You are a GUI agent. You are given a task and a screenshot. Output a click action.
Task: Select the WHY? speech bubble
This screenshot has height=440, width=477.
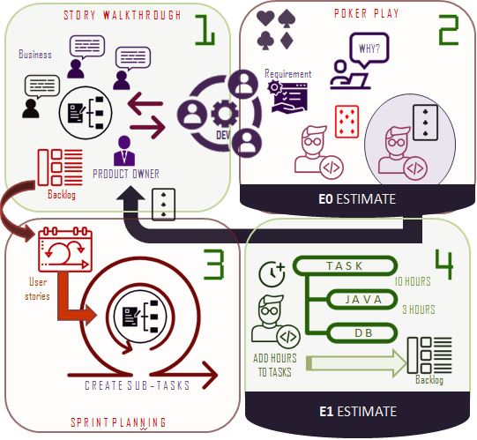coord(369,50)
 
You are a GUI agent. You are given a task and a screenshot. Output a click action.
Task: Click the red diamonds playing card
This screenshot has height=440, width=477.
coord(347,122)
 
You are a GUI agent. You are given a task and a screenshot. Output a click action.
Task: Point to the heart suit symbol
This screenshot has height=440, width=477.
coord(265,19)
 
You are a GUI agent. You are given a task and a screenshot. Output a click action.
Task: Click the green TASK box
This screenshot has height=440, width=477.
coord(345,266)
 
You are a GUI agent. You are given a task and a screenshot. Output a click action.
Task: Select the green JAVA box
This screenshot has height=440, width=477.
coord(362,300)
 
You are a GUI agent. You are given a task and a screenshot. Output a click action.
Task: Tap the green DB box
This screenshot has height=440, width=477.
coord(363,332)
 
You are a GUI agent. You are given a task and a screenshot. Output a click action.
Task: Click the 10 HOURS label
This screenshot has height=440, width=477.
coord(413,281)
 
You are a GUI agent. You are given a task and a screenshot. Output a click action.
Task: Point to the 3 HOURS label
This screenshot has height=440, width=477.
coord(419,309)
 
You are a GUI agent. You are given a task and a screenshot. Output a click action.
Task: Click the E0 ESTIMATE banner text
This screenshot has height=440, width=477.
coord(357,199)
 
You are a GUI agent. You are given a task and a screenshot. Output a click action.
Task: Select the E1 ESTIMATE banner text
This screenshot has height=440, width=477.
coord(358,412)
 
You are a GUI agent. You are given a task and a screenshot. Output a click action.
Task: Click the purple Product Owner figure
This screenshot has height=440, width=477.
coord(124,151)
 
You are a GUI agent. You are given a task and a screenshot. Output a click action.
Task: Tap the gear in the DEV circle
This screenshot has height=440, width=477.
coord(225,113)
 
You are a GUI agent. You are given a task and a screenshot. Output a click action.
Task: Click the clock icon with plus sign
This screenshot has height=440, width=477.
coord(272,274)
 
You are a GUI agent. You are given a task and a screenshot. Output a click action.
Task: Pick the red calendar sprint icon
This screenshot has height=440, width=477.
coord(65,250)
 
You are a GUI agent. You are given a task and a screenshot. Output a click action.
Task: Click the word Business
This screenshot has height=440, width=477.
coord(35,54)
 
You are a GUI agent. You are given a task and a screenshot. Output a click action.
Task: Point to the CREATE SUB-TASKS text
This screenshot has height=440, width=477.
coord(138,385)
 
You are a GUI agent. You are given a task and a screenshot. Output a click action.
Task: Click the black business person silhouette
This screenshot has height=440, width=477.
coord(31,108)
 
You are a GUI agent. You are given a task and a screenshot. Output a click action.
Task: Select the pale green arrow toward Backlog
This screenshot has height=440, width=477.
coord(356,363)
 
